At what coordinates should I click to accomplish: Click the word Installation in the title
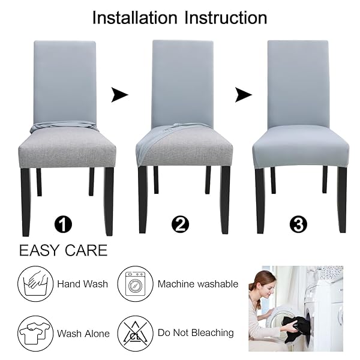tap(135, 17)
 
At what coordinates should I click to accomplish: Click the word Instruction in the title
tap(226, 17)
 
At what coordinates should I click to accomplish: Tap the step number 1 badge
tap(63, 224)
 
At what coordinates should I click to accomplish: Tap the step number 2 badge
tap(180, 224)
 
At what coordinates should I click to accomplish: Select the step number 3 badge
tap(298, 224)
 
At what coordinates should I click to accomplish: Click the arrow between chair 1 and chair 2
tap(119, 95)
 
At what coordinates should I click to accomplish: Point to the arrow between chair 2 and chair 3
tap(244, 95)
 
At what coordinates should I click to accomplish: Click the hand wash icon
tap(35, 284)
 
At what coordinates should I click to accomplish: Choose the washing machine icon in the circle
tap(135, 284)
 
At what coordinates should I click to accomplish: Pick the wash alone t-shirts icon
tap(35, 334)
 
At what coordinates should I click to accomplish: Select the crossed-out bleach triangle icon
tap(135, 334)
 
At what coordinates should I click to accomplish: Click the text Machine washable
tap(198, 284)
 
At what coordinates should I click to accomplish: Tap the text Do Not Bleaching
tap(196, 332)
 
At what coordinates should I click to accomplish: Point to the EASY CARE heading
tap(63, 250)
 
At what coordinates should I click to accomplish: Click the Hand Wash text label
tap(82, 284)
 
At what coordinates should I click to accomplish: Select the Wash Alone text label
tap(83, 334)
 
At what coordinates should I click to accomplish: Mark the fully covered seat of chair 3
tap(301, 147)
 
